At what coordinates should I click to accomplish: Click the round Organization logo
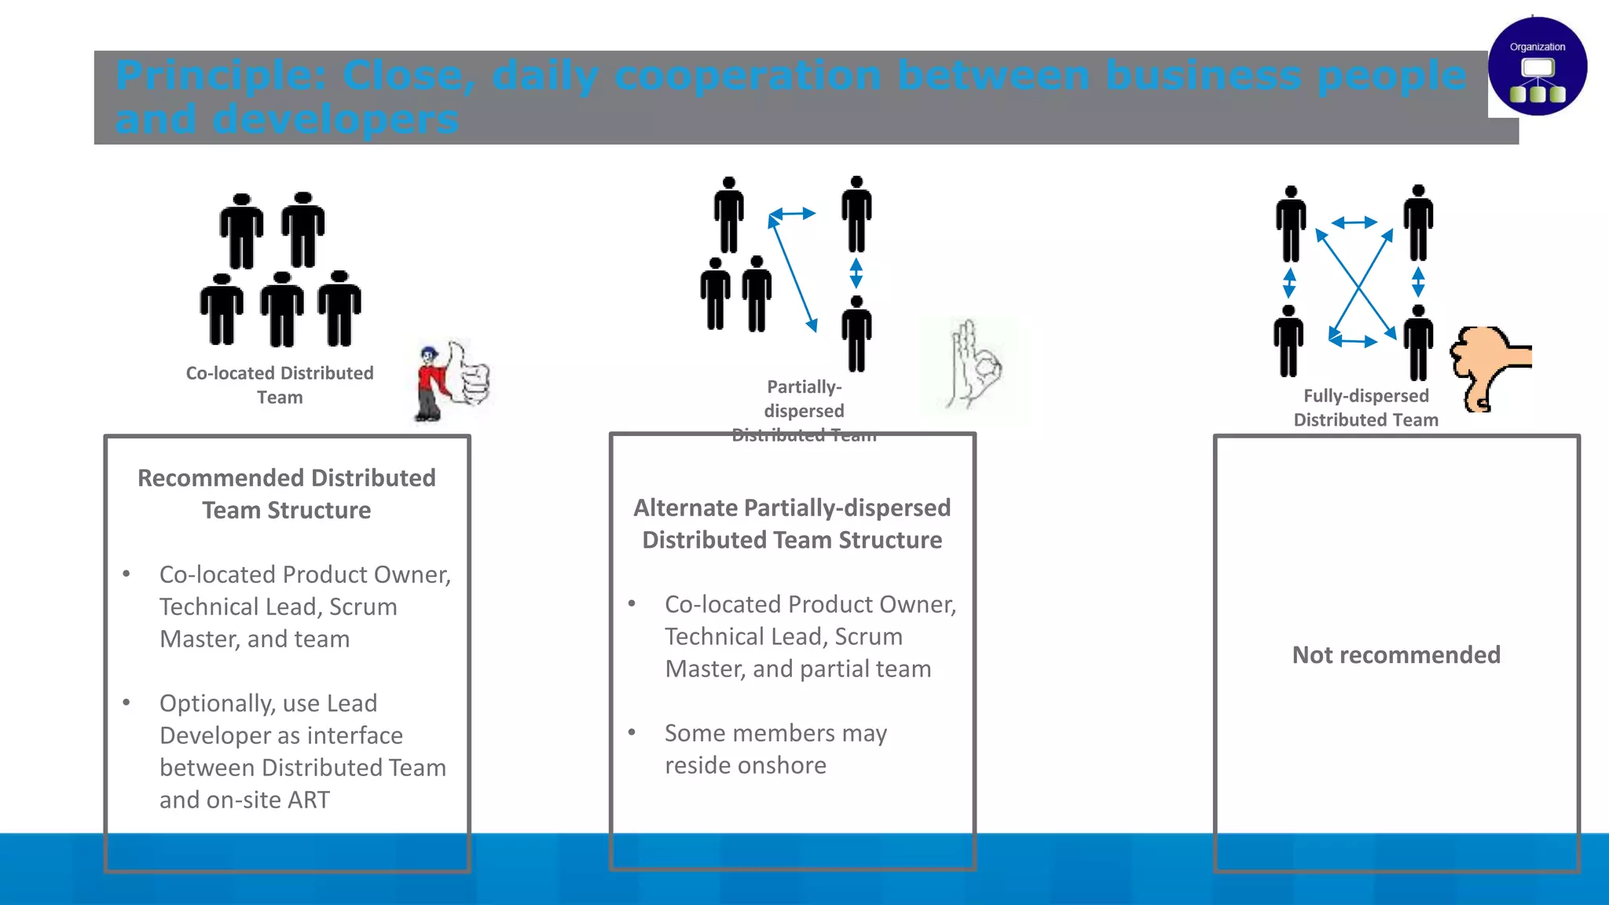tap(1537, 67)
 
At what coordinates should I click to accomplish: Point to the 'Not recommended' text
tap(1396, 654)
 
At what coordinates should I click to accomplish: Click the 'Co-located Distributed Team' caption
tap(280, 385)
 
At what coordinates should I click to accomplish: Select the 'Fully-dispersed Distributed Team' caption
tap(1365, 408)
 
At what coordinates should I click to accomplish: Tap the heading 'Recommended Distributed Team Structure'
tap(287, 494)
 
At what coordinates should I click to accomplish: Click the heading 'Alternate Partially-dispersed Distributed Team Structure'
tap(792, 524)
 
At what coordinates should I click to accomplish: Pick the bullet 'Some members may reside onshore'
tap(775, 749)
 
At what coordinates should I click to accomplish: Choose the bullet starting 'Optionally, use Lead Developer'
tap(302, 751)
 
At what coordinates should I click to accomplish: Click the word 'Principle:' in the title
tap(221, 76)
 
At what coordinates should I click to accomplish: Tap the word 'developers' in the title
tap(335, 120)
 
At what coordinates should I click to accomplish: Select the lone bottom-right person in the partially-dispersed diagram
tap(856, 334)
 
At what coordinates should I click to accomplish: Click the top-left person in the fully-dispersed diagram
tap(1291, 224)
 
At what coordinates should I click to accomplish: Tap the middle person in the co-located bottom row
tap(282, 310)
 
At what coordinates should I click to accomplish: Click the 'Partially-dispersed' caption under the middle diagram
tap(804, 399)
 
